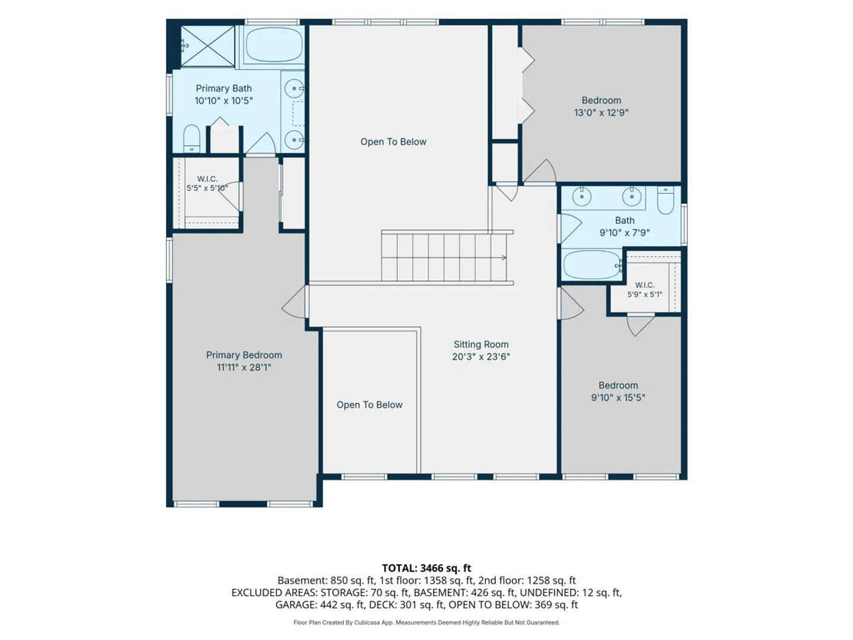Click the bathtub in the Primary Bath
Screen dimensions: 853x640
(x=274, y=44)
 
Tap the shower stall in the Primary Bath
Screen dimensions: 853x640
(x=208, y=46)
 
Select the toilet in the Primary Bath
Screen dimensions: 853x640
(x=191, y=138)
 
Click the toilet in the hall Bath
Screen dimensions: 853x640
(x=665, y=200)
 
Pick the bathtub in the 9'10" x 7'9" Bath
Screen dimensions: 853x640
(x=592, y=265)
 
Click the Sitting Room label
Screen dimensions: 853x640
(x=481, y=344)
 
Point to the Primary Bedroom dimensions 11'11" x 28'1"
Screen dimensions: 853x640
(x=243, y=367)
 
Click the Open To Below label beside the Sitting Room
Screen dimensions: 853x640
(x=369, y=405)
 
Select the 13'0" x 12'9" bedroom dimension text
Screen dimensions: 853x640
(x=601, y=113)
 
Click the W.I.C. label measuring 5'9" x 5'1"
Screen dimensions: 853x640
(x=644, y=285)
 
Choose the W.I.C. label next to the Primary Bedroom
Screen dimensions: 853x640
(x=207, y=179)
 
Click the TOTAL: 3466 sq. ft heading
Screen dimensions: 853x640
(x=426, y=568)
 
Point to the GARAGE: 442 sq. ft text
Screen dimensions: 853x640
(x=320, y=604)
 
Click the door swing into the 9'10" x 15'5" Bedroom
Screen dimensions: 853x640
(x=572, y=303)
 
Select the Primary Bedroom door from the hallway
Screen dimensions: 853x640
(x=294, y=302)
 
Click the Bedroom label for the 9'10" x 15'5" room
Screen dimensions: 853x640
(x=618, y=385)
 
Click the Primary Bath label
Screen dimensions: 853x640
(x=223, y=89)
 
